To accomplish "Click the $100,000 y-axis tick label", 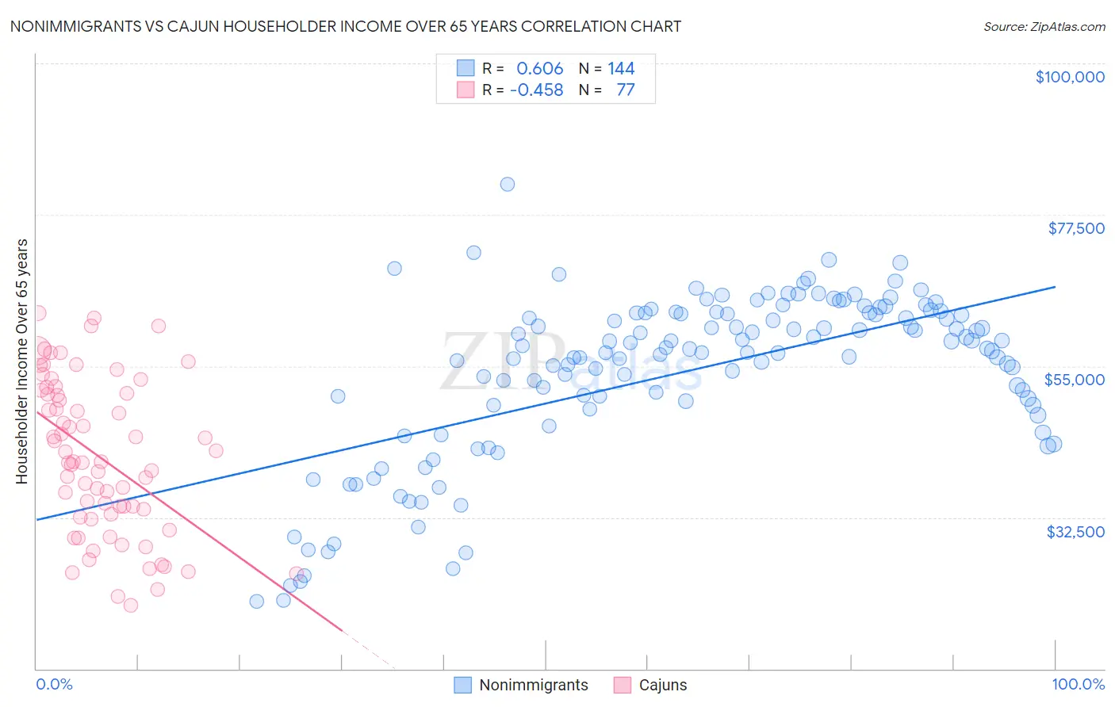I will [x=1070, y=77].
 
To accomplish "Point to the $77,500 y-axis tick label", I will [x=1075, y=228].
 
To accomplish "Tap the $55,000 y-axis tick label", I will [x=1074, y=380].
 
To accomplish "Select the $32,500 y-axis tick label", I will [x=1075, y=531].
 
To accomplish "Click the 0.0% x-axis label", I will [x=54, y=684].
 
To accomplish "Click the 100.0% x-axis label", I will [x=1078, y=684].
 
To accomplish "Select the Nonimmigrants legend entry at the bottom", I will [x=533, y=685].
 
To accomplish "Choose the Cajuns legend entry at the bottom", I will [x=662, y=685].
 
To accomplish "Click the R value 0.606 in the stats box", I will [x=539, y=69].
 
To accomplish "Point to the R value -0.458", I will [x=536, y=90].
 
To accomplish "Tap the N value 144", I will [x=621, y=69].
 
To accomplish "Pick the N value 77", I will [x=625, y=90].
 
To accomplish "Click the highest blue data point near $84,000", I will [x=508, y=184].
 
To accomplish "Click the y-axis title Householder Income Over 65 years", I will [x=22, y=361].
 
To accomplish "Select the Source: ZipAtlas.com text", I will [x=1044, y=26].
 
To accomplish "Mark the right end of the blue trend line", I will [x=1055, y=287].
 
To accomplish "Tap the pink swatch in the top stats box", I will [x=466, y=90].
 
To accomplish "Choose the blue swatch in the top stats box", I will [x=466, y=69].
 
